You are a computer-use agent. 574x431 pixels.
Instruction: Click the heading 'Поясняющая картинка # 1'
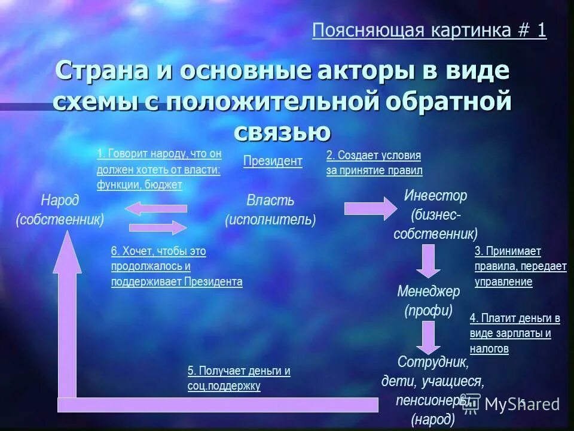[x=429, y=31]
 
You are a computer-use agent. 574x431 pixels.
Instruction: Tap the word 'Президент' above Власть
[x=273, y=161]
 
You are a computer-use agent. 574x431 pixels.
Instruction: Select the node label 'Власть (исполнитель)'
[x=270, y=210]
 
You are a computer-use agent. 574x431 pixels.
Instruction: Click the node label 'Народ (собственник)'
[x=60, y=210]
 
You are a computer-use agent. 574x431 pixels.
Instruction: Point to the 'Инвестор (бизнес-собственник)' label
[x=435, y=214]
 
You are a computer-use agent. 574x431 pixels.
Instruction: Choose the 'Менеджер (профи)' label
[x=428, y=301]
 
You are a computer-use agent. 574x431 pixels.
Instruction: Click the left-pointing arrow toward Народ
[x=157, y=208]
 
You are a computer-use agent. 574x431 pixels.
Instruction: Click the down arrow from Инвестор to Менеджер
[x=428, y=261]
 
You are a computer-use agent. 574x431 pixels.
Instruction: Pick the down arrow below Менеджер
[x=428, y=338]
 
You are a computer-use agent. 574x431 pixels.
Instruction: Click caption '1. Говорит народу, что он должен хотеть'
[x=159, y=169]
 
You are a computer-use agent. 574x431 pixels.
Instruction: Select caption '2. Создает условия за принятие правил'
[x=374, y=163]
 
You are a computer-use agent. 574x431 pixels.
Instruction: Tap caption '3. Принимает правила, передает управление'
[x=520, y=266]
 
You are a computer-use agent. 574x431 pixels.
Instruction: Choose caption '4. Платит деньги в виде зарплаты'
[x=514, y=333]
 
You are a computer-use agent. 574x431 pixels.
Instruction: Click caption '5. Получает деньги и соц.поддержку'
[x=239, y=378]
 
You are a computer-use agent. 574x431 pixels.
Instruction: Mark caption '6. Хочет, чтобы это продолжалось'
[x=176, y=266]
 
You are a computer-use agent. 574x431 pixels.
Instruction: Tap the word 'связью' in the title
[x=282, y=130]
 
